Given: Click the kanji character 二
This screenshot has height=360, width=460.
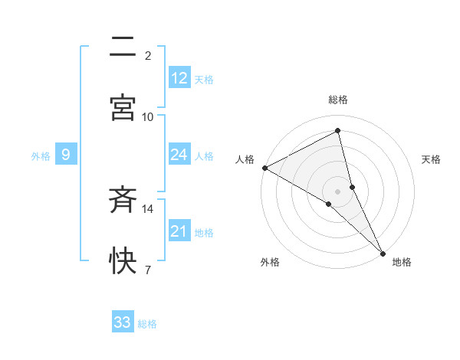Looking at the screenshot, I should [123, 47].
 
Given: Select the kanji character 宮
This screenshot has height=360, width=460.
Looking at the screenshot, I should [123, 107].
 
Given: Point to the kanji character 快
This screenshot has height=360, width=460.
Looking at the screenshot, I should [123, 261].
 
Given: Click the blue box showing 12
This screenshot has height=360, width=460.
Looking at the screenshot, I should [179, 78].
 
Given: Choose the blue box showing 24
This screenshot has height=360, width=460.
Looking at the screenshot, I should [179, 155].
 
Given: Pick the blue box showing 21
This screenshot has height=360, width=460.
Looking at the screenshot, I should [179, 231].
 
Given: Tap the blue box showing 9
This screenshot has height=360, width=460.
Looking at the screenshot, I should [66, 155].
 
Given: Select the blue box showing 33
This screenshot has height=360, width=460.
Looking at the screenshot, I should [123, 322].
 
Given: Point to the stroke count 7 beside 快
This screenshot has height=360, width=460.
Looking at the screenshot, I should [147, 270].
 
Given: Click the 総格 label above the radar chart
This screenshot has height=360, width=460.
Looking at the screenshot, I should [338, 100].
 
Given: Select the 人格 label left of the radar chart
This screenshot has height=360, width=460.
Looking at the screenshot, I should [245, 159].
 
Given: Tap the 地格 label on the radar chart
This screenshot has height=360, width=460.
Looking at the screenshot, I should [402, 262].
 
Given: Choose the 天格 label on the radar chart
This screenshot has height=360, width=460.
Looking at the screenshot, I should [431, 159].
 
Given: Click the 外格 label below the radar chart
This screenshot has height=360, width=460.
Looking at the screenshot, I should [270, 262].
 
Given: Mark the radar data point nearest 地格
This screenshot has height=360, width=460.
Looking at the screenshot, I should [383, 252].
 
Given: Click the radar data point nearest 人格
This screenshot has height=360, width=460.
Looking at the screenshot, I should [264, 168].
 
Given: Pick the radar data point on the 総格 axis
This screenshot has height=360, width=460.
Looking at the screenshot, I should [338, 131].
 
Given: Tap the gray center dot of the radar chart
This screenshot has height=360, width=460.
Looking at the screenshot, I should [338, 191].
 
